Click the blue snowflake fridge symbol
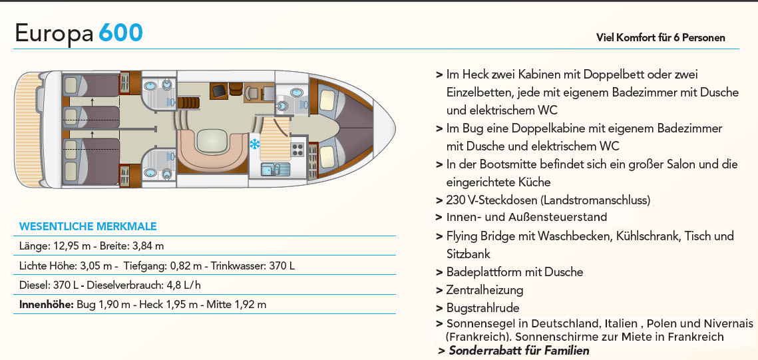[254, 144]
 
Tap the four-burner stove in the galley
[297, 150]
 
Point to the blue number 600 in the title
[121, 33]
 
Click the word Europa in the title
[54, 34]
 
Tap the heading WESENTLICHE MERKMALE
[88, 227]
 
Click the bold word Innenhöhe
[47, 304]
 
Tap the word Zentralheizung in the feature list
[485, 290]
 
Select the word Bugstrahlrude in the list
[483, 308]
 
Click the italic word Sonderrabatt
[484, 350]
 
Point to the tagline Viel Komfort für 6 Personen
[661, 38]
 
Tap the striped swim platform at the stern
[27, 130]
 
